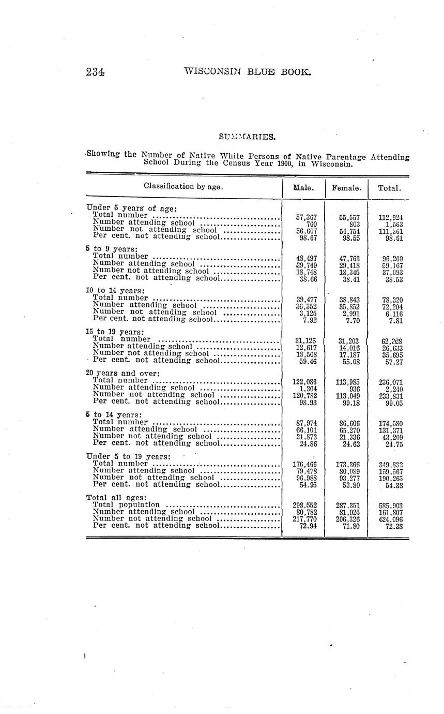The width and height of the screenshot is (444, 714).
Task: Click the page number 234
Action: (96, 72)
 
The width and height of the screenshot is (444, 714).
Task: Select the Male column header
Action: (304, 188)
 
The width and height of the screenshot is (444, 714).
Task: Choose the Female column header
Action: (346, 188)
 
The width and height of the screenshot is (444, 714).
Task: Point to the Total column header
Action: (389, 188)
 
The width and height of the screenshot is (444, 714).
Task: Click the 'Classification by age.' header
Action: (183, 186)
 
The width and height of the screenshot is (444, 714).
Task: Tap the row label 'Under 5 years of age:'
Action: (132, 209)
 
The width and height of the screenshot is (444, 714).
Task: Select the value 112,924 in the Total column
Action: (391, 218)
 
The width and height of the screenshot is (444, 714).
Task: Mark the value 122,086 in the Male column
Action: (304, 382)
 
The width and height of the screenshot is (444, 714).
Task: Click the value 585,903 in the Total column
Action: (391, 505)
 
